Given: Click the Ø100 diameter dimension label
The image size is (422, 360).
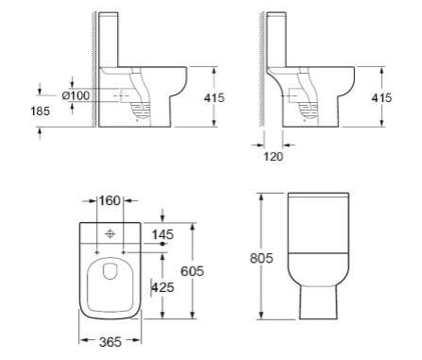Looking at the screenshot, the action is [x=76, y=95].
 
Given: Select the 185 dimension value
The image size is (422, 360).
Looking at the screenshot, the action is [x=41, y=111].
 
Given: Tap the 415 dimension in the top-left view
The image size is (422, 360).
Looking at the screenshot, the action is [x=214, y=98].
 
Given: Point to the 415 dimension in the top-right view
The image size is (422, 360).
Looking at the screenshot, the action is [x=381, y=98].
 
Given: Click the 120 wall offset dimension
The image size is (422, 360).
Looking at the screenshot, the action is [x=273, y=157].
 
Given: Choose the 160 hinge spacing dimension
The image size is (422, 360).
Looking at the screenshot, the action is [x=110, y=200].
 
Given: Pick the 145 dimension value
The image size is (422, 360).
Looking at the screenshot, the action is [x=162, y=234].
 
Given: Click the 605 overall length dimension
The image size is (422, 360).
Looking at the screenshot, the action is [x=193, y=271].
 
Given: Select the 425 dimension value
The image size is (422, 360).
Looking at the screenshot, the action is [x=162, y=287].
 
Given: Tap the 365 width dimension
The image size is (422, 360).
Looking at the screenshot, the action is [x=110, y=342].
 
